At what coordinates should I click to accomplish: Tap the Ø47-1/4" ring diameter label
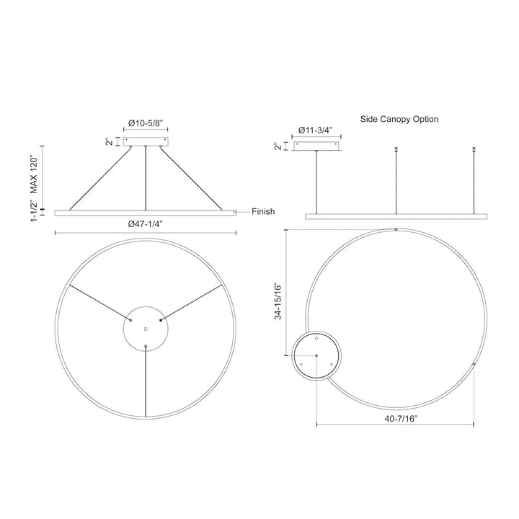coord(146,223)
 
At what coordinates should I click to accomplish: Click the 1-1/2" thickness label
coord(33,212)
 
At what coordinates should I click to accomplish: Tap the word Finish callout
coord(263,212)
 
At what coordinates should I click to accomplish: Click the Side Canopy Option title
coord(399,119)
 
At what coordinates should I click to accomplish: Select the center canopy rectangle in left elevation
coord(146,141)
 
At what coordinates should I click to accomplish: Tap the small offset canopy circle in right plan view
coord(317,356)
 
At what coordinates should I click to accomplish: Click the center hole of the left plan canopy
coord(146,329)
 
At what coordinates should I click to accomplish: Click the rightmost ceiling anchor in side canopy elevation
coord(474,149)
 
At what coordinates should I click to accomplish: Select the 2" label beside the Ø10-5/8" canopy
coord(108,141)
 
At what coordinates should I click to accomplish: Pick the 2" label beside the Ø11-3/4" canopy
coord(278,147)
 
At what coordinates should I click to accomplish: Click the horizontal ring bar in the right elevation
coord(396,216)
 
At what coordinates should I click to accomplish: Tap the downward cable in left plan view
coord(146,382)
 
